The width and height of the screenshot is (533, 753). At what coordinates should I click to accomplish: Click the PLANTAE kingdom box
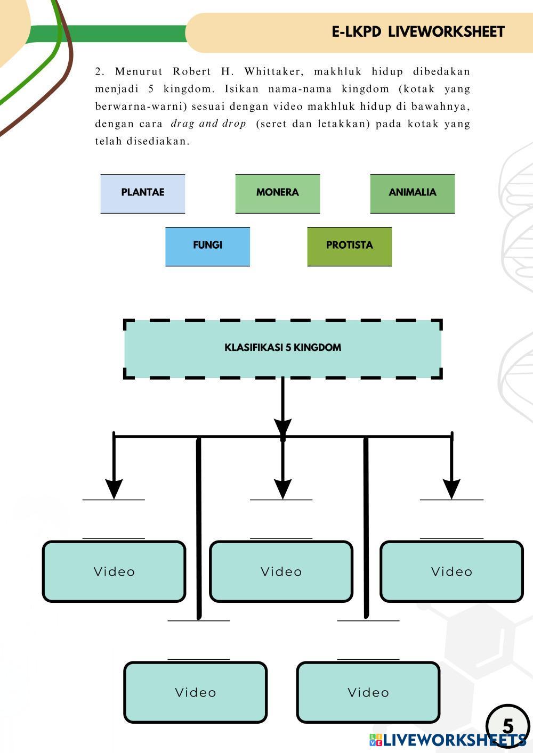coord(142,193)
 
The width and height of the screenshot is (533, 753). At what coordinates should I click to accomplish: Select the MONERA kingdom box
coord(277,193)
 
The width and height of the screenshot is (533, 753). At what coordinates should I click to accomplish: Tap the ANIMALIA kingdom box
coord(412,193)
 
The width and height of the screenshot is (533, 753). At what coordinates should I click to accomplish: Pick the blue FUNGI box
coord(207,246)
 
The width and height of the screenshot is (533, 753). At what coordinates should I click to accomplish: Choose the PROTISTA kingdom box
coord(349,246)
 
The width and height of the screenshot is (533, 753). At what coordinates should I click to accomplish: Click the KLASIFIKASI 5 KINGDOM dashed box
coord(282,349)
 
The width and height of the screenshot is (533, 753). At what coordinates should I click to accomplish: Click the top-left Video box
coord(114,571)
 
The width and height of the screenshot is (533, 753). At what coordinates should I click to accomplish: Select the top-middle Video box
coord(281,571)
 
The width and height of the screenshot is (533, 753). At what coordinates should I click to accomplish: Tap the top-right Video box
coord(451,571)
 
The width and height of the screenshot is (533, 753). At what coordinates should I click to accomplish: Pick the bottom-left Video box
coord(195,692)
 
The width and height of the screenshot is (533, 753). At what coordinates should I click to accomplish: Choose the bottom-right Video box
coord(368,692)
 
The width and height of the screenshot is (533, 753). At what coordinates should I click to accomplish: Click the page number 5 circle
coord(507,725)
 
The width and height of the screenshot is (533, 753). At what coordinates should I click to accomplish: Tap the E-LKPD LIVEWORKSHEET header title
coord(418,32)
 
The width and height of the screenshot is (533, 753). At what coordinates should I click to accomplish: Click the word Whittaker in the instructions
coord(273,71)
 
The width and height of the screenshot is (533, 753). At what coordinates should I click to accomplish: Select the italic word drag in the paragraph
coord(182,124)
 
